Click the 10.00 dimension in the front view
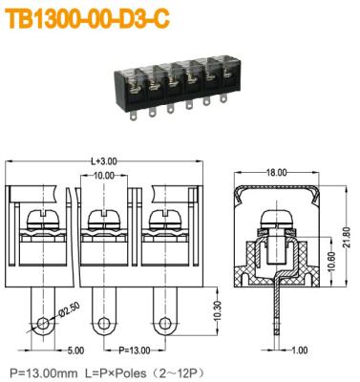coord(103,177)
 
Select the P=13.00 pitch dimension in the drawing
coord(134,350)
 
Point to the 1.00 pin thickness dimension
coord(298,350)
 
